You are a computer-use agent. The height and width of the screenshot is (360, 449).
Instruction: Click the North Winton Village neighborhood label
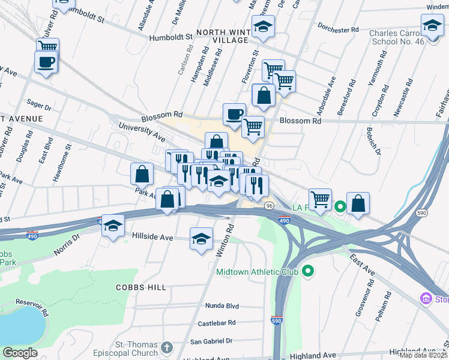click(x=220, y=34)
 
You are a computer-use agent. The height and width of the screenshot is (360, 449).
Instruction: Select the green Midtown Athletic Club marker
click(x=309, y=272)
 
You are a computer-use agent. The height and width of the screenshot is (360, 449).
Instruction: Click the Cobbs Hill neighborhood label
click(x=141, y=287)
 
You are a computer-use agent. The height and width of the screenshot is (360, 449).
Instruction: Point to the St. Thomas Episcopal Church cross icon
click(x=166, y=347)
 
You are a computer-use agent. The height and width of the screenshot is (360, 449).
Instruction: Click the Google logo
click(x=20, y=353)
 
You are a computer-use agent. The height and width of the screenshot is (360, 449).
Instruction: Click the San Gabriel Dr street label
click(x=211, y=341)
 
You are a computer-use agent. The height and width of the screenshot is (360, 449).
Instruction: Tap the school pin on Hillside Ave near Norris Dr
click(x=113, y=226)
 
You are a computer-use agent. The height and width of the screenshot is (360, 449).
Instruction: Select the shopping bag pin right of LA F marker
click(x=358, y=203)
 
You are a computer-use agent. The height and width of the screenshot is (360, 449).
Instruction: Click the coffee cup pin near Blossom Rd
click(x=234, y=113)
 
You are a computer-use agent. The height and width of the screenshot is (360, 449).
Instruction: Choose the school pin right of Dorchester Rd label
click(x=432, y=26)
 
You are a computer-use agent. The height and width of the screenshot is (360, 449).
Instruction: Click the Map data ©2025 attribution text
click(x=423, y=355)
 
